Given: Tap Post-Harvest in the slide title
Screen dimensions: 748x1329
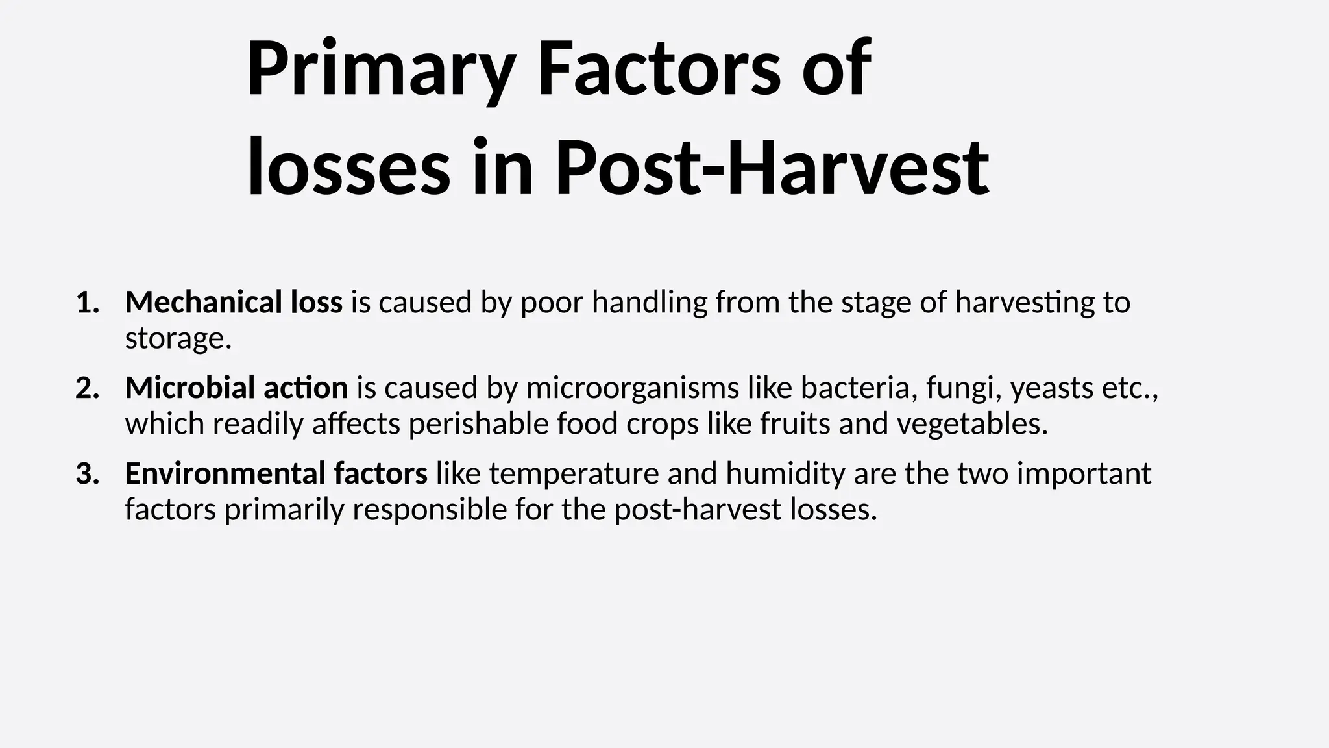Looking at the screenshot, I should (772, 168).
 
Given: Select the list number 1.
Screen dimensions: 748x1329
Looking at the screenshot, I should (87, 303).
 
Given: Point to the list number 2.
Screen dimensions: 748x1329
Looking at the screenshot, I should (87, 388).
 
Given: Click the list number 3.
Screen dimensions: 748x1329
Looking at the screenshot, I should (87, 474).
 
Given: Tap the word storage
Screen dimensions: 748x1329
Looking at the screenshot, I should (178, 338).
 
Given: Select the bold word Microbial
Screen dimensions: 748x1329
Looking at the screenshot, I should (181, 388).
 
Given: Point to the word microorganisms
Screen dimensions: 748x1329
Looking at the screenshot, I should (632, 388).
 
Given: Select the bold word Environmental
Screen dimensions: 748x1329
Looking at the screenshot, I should (225, 474).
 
